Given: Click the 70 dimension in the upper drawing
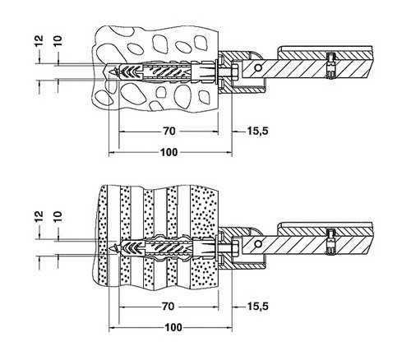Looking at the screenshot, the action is (169, 132).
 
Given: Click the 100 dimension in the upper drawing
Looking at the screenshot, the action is (169, 152).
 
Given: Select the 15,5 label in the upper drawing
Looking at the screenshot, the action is (258, 131).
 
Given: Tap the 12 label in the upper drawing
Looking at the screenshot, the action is (39, 41).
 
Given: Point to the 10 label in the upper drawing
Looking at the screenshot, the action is (58, 40).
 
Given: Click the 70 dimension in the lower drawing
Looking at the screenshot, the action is (169, 306).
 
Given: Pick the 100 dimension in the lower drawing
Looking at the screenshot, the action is (173, 327).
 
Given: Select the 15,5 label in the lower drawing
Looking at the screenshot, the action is (258, 306).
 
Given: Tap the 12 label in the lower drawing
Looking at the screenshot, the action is (39, 216).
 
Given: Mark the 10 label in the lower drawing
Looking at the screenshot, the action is (58, 216).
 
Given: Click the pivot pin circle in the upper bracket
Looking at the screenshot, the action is (257, 67).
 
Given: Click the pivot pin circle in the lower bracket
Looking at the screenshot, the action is (257, 243).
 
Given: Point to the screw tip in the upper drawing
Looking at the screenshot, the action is (110, 72).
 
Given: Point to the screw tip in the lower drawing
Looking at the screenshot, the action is (110, 248).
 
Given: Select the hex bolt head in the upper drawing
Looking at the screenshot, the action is (236, 72).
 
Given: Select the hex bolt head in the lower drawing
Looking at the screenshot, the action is (236, 248).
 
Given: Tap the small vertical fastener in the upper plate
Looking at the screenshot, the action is (331, 66).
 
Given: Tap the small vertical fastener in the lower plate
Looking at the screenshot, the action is (331, 242).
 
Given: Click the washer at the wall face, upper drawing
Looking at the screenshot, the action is (217, 72).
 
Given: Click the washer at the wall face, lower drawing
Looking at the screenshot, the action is (217, 248).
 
